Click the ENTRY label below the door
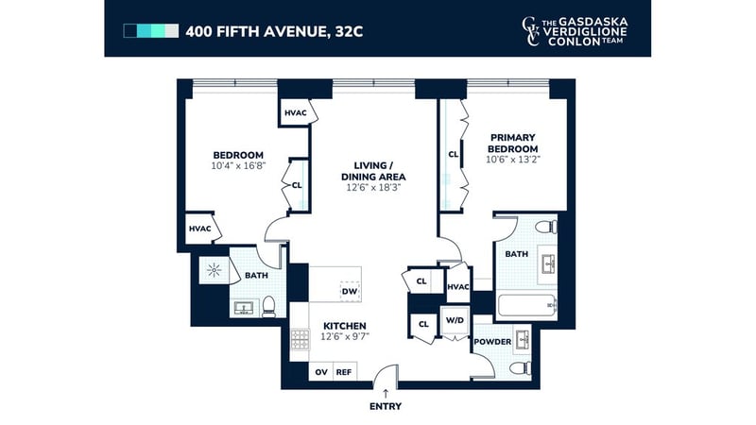[x=386, y=406]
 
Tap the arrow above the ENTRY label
[x=386, y=394]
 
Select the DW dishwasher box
[x=350, y=292]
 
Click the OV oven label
[x=321, y=372]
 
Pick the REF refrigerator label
[x=344, y=372]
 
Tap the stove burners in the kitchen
[x=300, y=339]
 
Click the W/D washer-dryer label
[x=455, y=320]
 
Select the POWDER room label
[x=492, y=342]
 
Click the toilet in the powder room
[x=521, y=368]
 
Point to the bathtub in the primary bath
[x=526, y=306]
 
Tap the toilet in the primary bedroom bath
[x=547, y=227]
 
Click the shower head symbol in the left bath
[x=214, y=270]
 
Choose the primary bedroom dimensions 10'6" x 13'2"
[x=513, y=160]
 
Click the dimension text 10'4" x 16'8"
[x=239, y=166]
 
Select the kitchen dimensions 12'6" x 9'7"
[x=345, y=336]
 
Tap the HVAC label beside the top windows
[x=296, y=113]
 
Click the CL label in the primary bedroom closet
[x=454, y=155]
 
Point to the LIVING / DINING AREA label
[x=373, y=171]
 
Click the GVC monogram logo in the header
[x=530, y=31]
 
